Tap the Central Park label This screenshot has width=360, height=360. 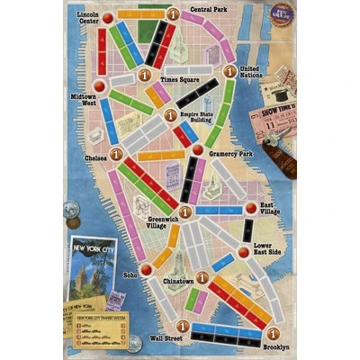point(208,10)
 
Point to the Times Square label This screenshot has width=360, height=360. point(179,79)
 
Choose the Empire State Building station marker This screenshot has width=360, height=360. point(166,115)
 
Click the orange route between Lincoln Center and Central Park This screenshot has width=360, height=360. point(139,15)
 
